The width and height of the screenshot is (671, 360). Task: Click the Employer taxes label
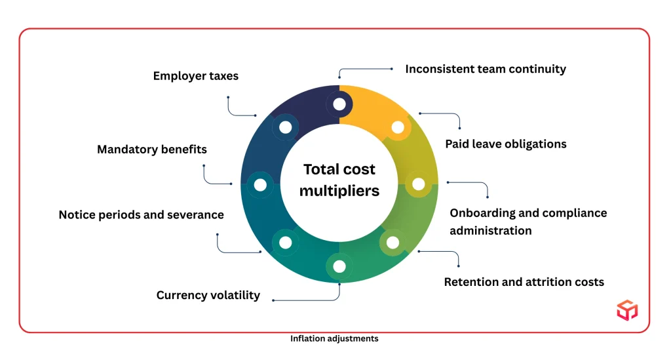tap(195, 76)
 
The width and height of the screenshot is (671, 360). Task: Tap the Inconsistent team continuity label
tap(485, 69)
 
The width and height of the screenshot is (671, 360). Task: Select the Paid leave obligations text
tap(505, 144)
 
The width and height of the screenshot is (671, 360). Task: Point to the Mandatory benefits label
tap(151, 150)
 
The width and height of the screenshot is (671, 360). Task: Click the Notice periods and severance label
tap(141, 214)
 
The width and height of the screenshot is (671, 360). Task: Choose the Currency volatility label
tap(208, 295)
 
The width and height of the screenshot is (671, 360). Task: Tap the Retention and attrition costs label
tap(524, 282)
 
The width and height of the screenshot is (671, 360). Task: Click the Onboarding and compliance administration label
tap(527, 222)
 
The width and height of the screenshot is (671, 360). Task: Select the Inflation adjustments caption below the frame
tap(334, 339)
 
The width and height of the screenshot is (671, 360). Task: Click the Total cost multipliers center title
tap(339, 180)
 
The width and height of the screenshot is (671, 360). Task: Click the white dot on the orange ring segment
tap(397, 127)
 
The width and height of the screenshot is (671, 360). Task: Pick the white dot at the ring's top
tap(339, 104)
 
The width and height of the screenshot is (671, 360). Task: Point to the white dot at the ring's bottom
tap(339, 266)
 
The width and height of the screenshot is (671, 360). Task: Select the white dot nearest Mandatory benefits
tap(259, 185)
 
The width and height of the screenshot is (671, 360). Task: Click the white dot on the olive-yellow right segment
tap(418, 184)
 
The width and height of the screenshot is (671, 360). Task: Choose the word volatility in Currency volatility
tap(234, 295)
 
